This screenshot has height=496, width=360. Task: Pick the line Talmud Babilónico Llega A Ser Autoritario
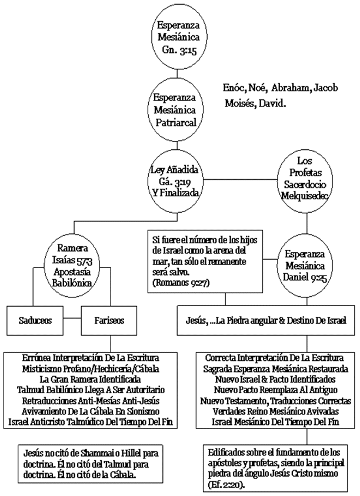coord(89,390)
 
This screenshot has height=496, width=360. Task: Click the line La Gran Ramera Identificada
coord(89,379)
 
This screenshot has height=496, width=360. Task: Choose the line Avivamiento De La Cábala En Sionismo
coord(89,411)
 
